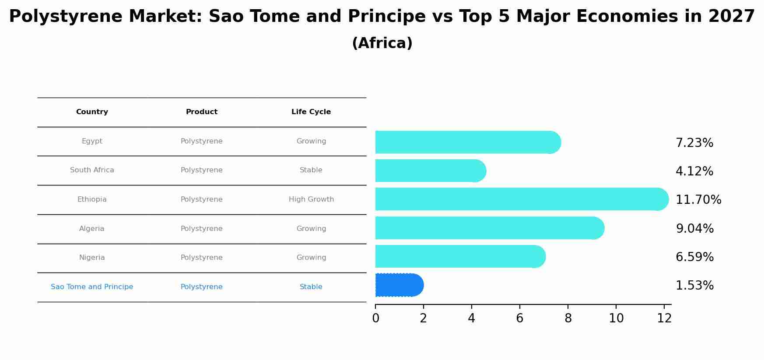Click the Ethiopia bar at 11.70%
tap(521, 199)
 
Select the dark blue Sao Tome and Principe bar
tap(399, 285)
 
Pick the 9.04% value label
tap(694, 229)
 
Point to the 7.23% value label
tap(694, 143)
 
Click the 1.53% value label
tap(694, 286)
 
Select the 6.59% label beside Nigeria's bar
tap(694, 257)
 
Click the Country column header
tap(92, 112)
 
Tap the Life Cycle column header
tap(311, 112)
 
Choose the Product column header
tap(201, 112)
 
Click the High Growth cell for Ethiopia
tap(311, 199)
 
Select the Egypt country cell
tap(92, 141)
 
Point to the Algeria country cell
tap(92, 229)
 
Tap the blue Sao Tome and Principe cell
tap(92, 287)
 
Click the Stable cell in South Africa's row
tap(311, 170)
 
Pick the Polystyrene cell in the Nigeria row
tap(201, 258)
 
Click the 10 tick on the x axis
tap(616, 318)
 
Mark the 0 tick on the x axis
tap(375, 318)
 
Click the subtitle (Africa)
tap(382, 43)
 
